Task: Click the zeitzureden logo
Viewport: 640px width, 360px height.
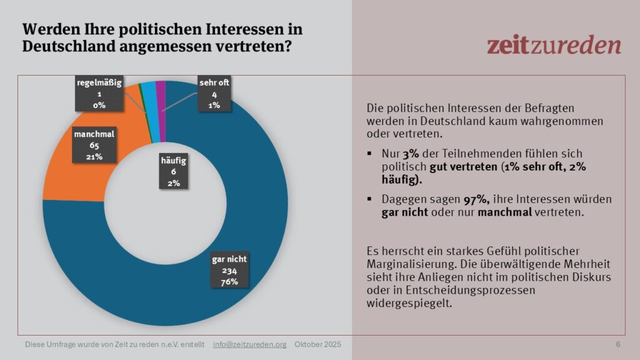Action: pyautogui.click(x=554, y=45)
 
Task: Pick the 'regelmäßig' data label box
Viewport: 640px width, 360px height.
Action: pyautogui.click(x=98, y=94)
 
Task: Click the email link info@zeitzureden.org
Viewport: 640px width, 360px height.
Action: pyautogui.click(x=249, y=345)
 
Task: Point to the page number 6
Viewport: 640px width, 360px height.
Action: pyautogui.click(x=618, y=345)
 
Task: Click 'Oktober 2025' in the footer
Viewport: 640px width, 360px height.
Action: pyautogui.click(x=318, y=345)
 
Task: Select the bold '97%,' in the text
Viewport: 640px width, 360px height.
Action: pyautogui.click(x=448, y=199)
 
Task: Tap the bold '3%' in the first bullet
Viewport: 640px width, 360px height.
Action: pyautogui.click(x=410, y=152)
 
